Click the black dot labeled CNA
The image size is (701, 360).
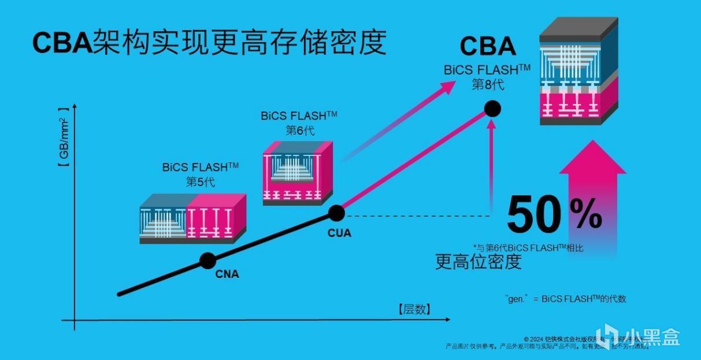coord(207,261)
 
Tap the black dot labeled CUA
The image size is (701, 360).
coord(336,213)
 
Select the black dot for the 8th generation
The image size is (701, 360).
coord(492,108)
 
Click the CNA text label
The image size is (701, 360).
coord(227,274)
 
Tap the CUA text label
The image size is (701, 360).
coord(339,233)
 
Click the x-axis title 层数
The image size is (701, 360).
coord(414,309)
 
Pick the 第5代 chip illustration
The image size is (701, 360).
coord(193,218)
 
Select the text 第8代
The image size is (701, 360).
coord(488,84)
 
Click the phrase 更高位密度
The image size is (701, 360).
coord(478,262)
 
